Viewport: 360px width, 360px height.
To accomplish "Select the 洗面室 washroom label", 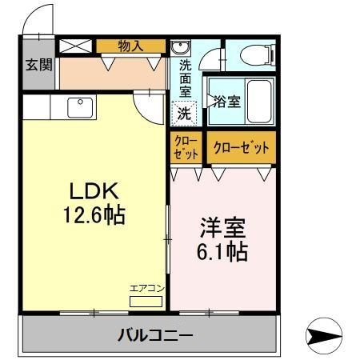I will [x=185, y=78].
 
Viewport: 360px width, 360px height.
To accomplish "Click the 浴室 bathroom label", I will [x=226, y=102].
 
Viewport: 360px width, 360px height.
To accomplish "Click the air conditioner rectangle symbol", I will [x=145, y=301].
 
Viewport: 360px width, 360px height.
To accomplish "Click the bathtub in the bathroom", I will [x=259, y=102].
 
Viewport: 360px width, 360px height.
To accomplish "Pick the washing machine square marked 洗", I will [x=184, y=114].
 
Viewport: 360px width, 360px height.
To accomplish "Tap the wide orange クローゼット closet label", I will [x=241, y=148].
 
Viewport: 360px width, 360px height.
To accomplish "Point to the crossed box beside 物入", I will [x=77, y=46].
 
